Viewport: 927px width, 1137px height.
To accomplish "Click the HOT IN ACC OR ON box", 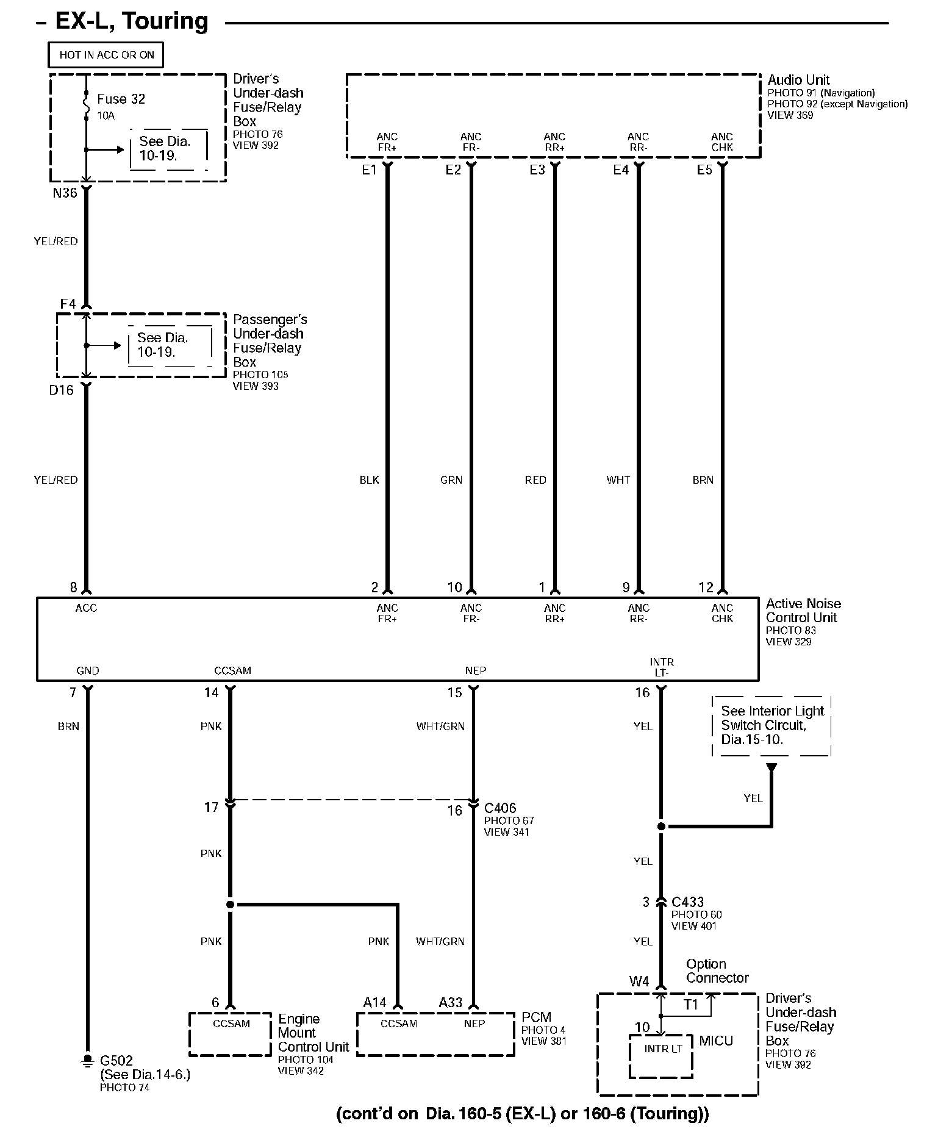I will point(106,55).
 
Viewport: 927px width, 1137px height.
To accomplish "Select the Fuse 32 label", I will point(121,99).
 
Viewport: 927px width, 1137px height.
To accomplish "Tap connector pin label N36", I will point(65,193).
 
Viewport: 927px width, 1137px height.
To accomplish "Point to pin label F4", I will point(68,304).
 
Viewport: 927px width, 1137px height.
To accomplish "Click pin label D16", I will point(61,390).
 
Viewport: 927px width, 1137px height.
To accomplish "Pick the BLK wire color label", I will point(369,480).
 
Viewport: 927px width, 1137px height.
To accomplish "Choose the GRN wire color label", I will point(451,480).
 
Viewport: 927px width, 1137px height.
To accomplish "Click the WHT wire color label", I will point(618,480).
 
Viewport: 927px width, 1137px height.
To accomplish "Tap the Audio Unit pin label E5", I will point(704,170).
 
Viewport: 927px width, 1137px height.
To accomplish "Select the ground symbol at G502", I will point(87,1061).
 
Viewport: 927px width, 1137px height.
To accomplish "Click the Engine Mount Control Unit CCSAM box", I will point(231,1034).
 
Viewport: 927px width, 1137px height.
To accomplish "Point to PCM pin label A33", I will point(451,1002).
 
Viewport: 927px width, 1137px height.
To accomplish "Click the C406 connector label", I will point(500,809).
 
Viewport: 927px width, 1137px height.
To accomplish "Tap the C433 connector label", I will point(687,902).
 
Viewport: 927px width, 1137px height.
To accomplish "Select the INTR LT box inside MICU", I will point(662,1055).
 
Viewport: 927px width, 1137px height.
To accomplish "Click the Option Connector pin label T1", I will point(690,1004).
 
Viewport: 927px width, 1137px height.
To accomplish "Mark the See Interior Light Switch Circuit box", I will point(771,725).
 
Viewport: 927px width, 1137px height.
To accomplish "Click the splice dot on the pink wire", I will point(230,904).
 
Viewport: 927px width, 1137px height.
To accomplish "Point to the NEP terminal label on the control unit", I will point(475,670).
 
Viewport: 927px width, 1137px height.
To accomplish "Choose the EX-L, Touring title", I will point(132,22).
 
